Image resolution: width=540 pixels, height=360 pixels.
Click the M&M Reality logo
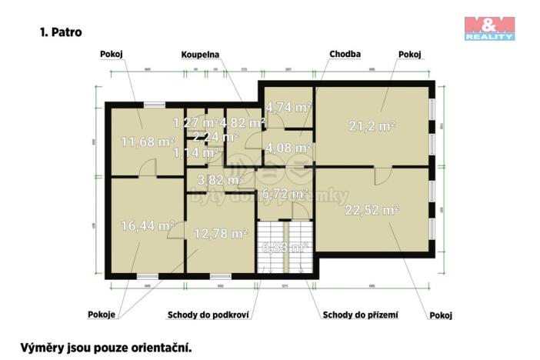[x=488, y=27]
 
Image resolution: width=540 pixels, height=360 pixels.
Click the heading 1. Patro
[x=60, y=33]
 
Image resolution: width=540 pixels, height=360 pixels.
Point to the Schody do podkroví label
[x=211, y=315]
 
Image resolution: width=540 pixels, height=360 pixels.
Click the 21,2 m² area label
[x=372, y=126]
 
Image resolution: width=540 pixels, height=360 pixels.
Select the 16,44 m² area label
[x=148, y=225]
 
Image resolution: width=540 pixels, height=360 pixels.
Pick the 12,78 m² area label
[x=220, y=233]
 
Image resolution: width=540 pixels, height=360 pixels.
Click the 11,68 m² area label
[x=148, y=141]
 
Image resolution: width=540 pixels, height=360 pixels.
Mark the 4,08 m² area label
[x=288, y=147]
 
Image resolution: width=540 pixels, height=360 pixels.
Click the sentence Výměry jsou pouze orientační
[x=105, y=348]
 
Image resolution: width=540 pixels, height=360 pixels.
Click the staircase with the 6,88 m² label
[x=285, y=247]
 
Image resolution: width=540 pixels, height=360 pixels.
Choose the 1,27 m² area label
[x=193, y=122]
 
